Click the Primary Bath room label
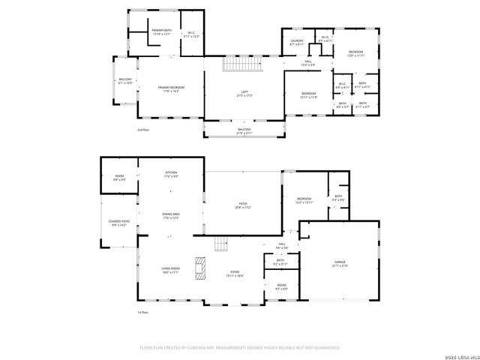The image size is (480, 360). [162, 33]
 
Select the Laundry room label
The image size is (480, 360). [296, 43]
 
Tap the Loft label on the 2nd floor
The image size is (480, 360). [244, 94]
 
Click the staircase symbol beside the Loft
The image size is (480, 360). [240, 65]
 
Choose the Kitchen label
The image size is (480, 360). [171, 175]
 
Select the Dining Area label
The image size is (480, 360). [171, 216]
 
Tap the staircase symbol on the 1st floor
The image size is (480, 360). [220, 244]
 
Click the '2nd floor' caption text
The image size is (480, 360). [143, 130]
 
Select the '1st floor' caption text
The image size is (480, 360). [142, 312]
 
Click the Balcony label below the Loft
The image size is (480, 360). [244, 131]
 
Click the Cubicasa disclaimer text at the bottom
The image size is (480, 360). [240, 348]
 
